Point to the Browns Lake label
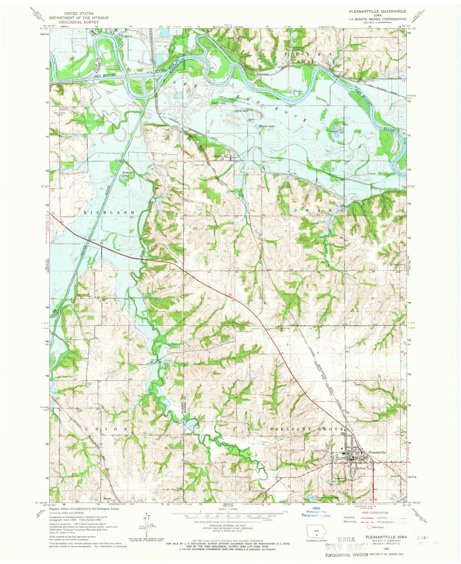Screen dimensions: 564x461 pyautogui.click(x=127, y=174)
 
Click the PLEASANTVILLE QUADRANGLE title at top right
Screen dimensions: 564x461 pyautogui.click(x=377, y=11)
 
